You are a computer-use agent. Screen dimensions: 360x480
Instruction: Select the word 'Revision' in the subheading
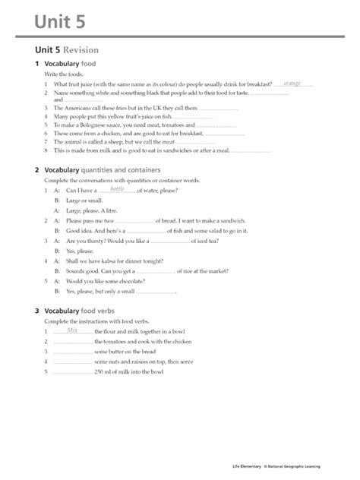pos(81,50)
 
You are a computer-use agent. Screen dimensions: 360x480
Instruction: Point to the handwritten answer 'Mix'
pos(73,330)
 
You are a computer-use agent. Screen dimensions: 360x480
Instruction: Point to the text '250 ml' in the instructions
pos(104,372)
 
